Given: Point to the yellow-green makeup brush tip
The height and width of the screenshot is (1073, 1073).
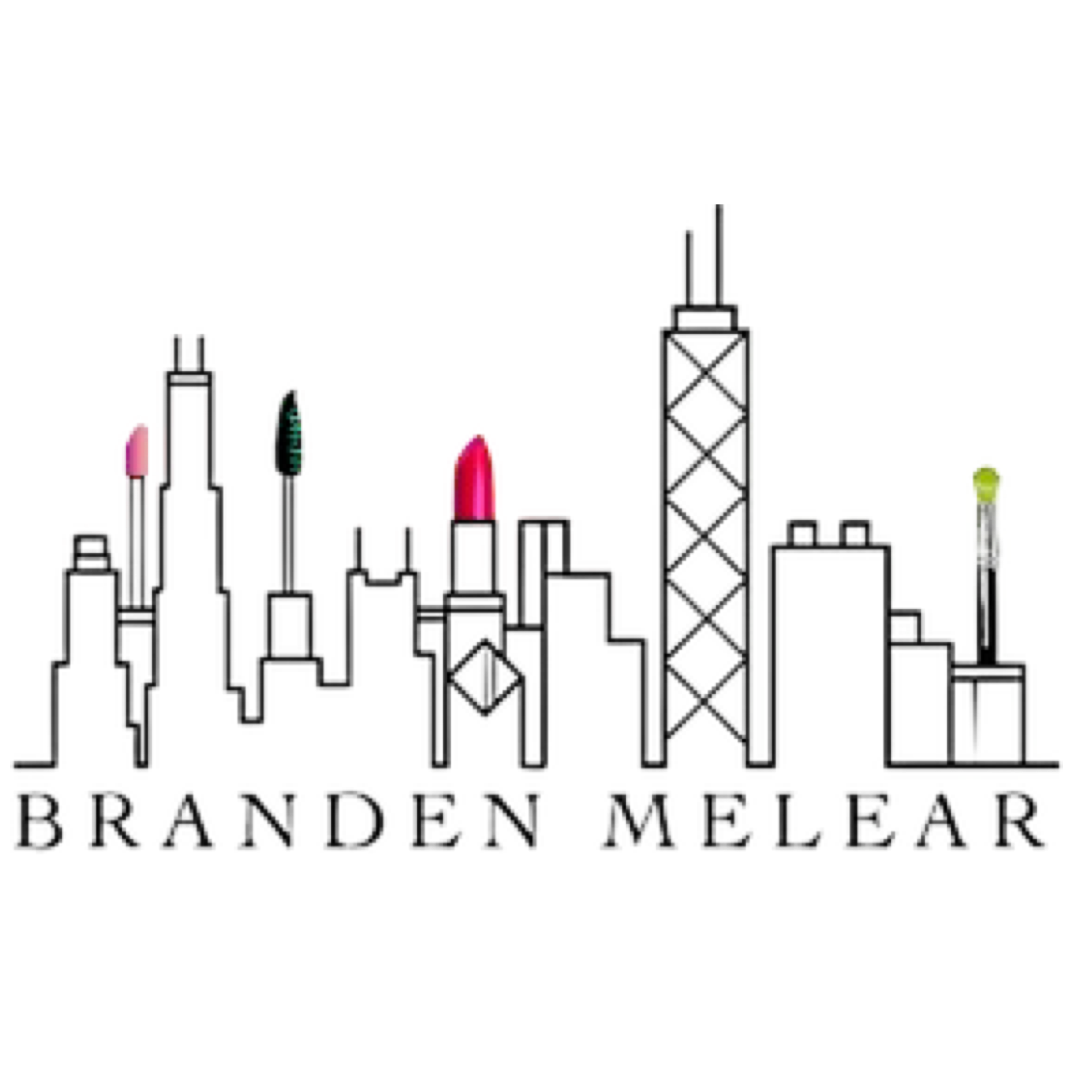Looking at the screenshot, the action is pyautogui.click(x=987, y=481).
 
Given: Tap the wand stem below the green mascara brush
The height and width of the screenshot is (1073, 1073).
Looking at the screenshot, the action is pyautogui.click(x=288, y=533).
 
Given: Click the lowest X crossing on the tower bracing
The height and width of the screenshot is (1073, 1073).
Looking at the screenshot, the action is pyautogui.click(x=708, y=702).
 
